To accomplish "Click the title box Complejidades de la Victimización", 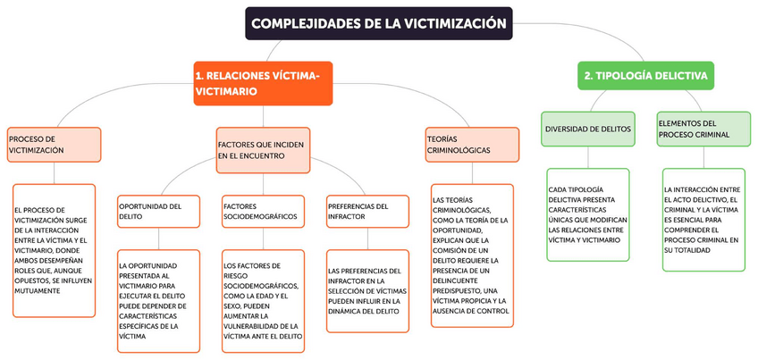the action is click(x=379, y=23).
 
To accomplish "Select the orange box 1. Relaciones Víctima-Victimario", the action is click(x=263, y=83).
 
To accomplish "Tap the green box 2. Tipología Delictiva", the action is click(x=645, y=77).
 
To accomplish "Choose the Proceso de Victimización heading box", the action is click(x=53, y=145).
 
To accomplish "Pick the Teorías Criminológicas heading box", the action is click(x=470, y=145).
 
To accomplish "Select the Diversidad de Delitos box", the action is click(x=588, y=129).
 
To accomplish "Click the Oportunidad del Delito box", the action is click(x=158, y=212).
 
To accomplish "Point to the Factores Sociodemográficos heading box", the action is click(x=263, y=212).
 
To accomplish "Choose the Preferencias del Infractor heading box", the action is click(x=367, y=212).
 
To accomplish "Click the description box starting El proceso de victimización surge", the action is click(x=54, y=249).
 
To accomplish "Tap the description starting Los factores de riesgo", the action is click(x=263, y=301).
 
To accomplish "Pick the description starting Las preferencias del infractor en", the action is click(x=367, y=291).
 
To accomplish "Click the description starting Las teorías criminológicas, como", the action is click(x=471, y=256).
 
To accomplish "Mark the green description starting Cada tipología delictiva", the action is click(x=587, y=215).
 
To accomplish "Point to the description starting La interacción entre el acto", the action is click(x=703, y=219).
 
